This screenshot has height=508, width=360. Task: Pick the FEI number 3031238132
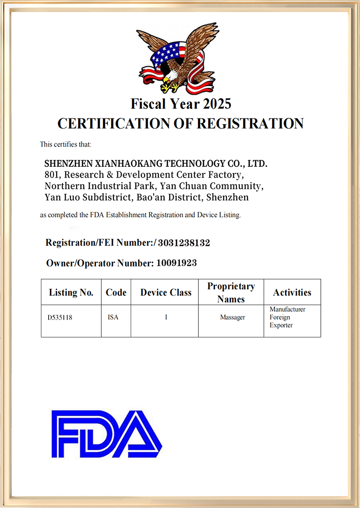click(x=184, y=243)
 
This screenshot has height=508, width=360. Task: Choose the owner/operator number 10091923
click(x=176, y=263)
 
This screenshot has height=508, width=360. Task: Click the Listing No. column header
click(x=71, y=293)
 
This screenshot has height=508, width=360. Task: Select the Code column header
click(x=116, y=293)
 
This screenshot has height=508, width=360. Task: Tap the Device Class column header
click(x=166, y=293)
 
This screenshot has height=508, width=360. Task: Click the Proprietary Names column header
click(x=231, y=293)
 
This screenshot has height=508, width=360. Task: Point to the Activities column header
click(x=292, y=293)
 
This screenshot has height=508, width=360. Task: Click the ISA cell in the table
click(x=113, y=317)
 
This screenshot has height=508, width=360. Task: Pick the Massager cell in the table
click(x=232, y=317)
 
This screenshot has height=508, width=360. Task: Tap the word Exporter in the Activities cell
click(x=281, y=325)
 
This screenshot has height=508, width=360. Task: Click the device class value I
click(x=166, y=317)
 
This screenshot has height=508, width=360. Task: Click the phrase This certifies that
click(x=66, y=144)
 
